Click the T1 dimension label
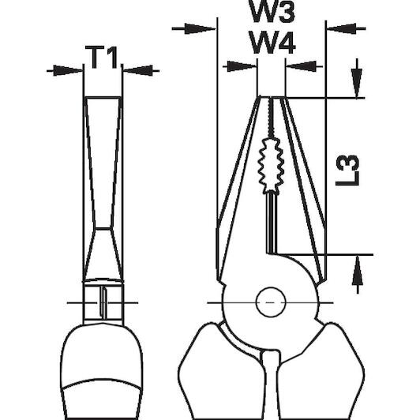point(101,58)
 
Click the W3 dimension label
point(272,11)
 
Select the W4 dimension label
point(272,43)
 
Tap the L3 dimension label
point(347,171)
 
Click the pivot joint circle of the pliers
point(271,302)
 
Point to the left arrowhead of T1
point(68,71)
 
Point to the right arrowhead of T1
point(138,71)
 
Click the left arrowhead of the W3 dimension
point(200,28)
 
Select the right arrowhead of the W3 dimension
point(342,28)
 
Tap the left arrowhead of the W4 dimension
point(242,66)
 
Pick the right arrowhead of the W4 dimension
point(301,66)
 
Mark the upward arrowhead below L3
point(358,270)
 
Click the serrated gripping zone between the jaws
point(271,165)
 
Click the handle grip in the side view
point(102,373)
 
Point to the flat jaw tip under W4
point(272,97)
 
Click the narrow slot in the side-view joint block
point(103,302)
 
